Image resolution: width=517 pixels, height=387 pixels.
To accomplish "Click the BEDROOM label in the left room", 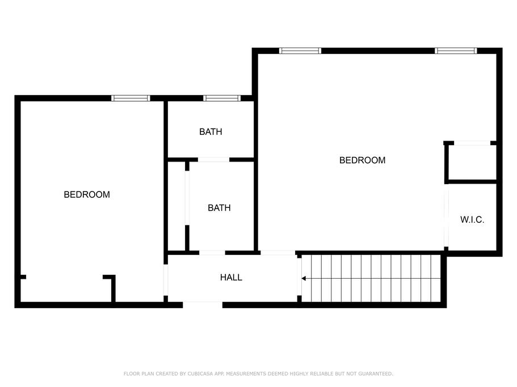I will pos(87,194).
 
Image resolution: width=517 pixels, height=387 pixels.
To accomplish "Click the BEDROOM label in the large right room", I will pos(362,160).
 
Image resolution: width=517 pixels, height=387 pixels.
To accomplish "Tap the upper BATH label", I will pos(211,132).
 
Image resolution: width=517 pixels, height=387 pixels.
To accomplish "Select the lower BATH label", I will pos(219,208).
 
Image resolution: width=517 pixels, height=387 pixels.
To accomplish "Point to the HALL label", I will pos(231,277).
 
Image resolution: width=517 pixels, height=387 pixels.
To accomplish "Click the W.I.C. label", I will pos(472,220).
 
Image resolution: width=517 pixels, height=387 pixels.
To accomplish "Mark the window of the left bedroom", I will pos(131,98).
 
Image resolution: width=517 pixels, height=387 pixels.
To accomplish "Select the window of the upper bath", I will pos(222,98).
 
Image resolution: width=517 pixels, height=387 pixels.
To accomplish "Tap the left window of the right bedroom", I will pos(300,50).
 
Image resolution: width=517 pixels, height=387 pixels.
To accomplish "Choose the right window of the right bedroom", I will pos(456,50).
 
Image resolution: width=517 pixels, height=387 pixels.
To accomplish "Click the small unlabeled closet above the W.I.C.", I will pos(472,163).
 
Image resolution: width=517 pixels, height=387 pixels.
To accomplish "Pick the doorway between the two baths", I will pos(213,160).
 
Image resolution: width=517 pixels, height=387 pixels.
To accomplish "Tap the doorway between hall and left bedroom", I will pos(166,279).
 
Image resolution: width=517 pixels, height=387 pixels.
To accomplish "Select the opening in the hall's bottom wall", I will pos(203,305).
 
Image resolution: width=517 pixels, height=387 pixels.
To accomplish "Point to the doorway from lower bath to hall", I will pos(212,252).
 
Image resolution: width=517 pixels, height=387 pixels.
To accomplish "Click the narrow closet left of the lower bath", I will pos(176,207).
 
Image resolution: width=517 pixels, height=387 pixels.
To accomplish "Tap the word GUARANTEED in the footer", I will pos(375,374).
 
